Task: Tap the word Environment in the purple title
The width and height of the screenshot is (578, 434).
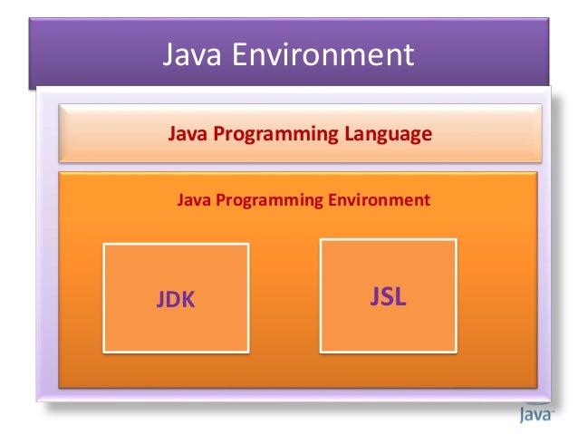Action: (323, 55)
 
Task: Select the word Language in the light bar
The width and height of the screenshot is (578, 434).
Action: (388, 135)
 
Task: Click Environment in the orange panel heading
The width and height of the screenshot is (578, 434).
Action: (381, 198)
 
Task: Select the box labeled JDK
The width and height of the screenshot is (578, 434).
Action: (176, 296)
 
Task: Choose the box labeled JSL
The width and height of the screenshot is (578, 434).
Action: (388, 294)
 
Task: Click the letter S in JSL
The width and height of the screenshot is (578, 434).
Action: (388, 296)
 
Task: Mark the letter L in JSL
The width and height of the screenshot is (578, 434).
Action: (400, 296)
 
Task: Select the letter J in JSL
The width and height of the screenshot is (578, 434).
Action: (375, 296)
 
